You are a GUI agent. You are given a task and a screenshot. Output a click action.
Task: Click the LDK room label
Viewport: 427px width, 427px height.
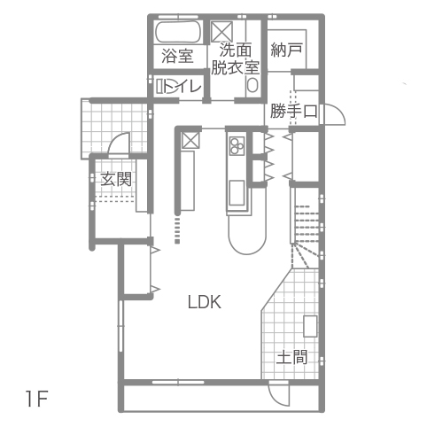205,302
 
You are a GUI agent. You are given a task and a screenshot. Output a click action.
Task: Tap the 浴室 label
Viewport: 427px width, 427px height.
177,56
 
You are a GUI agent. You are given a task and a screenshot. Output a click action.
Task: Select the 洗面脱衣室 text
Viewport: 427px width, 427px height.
235,58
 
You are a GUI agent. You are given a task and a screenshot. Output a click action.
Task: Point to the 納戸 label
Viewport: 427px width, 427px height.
286,50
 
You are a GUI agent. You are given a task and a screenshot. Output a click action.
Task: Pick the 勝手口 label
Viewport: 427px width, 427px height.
293,111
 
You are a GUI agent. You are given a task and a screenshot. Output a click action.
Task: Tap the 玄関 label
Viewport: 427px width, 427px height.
116,179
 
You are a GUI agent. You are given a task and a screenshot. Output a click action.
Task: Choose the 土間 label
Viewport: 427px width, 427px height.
291,357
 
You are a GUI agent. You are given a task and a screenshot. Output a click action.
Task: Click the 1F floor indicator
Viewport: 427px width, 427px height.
37,399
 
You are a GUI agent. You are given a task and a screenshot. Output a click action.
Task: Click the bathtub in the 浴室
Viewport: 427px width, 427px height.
178,33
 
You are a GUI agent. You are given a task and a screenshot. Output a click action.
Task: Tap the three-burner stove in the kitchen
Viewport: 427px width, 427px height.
237,145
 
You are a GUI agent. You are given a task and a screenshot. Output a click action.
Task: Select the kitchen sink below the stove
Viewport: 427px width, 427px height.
237,192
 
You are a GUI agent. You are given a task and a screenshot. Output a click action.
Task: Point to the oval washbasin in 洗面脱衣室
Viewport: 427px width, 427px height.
252,85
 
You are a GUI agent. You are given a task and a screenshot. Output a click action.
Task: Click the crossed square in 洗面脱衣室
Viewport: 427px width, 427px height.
222,31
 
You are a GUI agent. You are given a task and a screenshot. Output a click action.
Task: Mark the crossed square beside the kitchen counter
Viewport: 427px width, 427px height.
190,140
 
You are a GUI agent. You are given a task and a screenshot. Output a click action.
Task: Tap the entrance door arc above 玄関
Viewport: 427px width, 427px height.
117,139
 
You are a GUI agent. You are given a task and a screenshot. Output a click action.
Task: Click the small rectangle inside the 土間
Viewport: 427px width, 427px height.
310,326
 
